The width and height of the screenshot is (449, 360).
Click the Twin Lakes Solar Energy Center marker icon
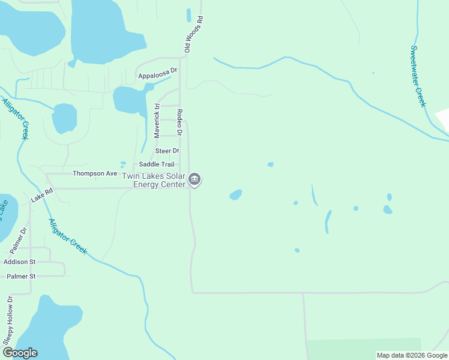[x=194, y=179]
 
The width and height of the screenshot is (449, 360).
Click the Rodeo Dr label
[x=179, y=122]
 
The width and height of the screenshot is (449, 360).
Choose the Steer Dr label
[x=167, y=151]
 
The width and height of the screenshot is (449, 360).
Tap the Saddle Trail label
[x=157, y=164]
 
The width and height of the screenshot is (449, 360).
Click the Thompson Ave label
[x=95, y=173]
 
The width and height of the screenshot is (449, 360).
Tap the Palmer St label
[x=21, y=276]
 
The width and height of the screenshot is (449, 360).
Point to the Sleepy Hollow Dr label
[x=8, y=321]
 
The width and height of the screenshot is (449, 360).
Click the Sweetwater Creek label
[x=418, y=76]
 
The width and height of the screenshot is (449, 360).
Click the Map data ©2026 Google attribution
[x=412, y=355]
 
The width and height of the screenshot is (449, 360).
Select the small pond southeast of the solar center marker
[x=236, y=195]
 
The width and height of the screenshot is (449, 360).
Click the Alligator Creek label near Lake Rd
[x=68, y=236]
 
